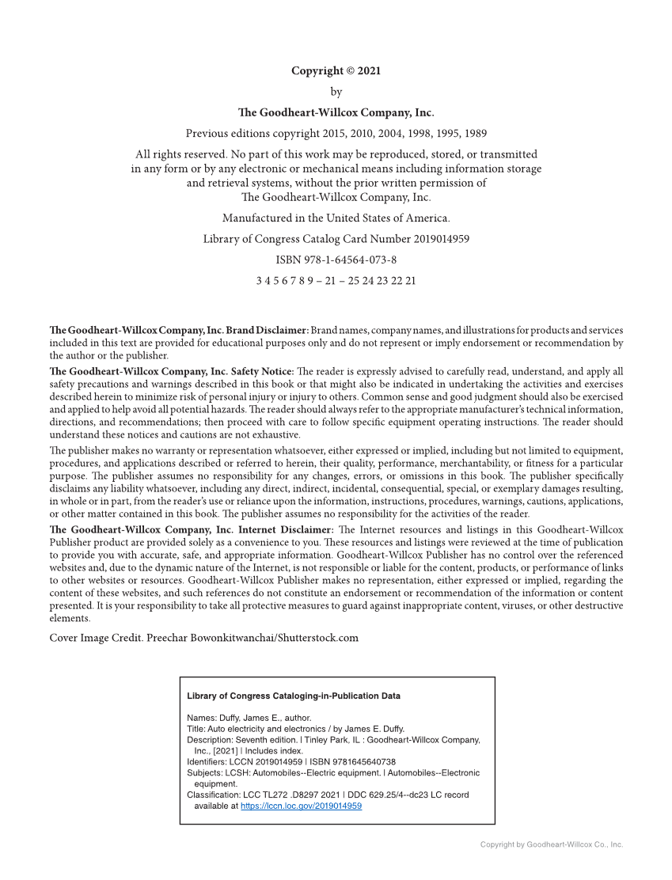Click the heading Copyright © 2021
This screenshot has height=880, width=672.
coord(336,71)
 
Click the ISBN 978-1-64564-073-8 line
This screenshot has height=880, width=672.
coord(336,260)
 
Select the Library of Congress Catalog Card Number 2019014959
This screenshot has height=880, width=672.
coord(336,238)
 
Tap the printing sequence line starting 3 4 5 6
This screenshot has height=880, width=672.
coord(336,281)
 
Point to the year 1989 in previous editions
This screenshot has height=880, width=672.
coord(475,133)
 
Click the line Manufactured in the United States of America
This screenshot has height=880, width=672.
coord(336,218)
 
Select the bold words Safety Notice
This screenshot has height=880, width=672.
coord(262,371)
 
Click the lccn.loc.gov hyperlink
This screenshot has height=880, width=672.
coord(301,806)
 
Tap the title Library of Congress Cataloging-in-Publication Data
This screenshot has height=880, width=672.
coord(293,696)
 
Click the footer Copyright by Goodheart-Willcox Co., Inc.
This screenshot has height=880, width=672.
coord(551,844)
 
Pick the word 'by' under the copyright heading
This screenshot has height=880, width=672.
coord(336,92)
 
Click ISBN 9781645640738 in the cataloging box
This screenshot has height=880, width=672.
coord(352,762)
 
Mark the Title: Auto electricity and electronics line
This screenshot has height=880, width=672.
coord(295,729)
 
